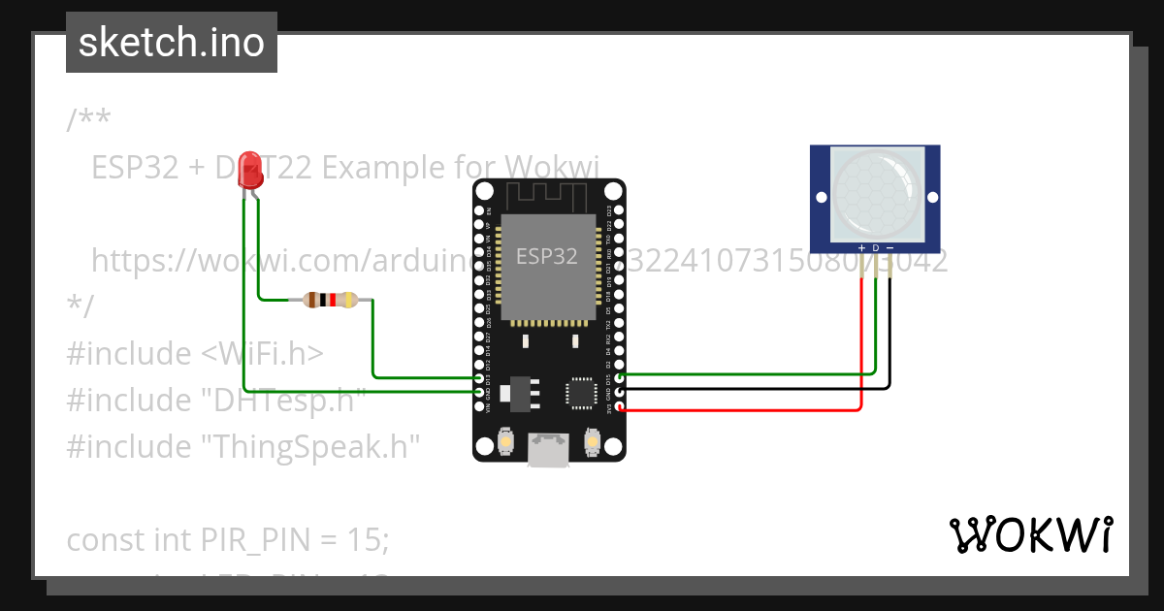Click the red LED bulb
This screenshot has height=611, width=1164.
250,171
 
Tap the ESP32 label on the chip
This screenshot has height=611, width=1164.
546,256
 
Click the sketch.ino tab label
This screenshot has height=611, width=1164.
172,43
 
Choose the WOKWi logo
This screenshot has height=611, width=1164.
1030,534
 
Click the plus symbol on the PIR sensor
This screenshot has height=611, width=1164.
861,248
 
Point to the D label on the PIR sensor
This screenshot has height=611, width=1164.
875,248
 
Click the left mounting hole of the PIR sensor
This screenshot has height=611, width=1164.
822,197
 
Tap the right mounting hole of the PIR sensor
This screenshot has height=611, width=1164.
932,197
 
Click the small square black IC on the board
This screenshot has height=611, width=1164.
582,391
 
